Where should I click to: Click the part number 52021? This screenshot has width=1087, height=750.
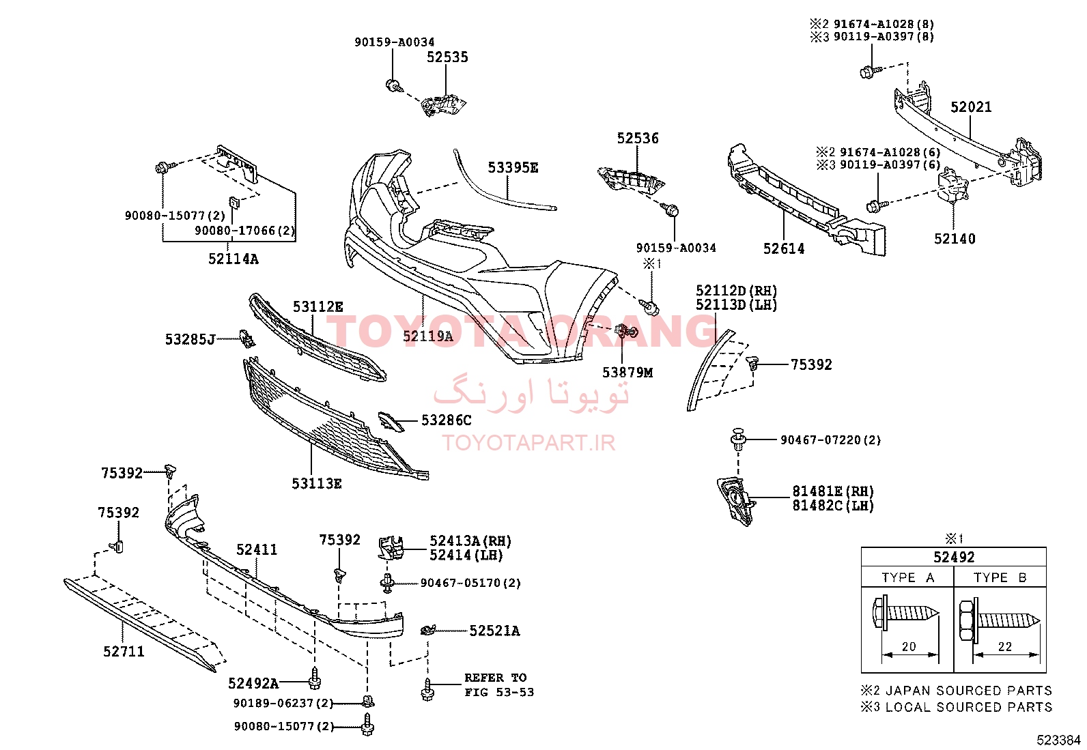[970, 106]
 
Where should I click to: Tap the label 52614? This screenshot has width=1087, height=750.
[784, 249]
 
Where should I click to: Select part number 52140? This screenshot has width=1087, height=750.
[955, 239]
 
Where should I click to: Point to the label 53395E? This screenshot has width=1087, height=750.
[513, 168]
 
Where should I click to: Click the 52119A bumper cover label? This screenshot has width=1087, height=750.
[427, 336]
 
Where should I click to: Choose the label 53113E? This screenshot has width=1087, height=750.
[316, 484]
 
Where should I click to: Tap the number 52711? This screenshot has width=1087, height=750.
[124, 652]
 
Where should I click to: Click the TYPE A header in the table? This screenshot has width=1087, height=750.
[907, 578]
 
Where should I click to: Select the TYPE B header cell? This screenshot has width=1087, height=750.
[1000, 578]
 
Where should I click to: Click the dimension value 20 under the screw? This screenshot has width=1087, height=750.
[909, 647]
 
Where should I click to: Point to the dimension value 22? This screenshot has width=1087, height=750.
[1005, 647]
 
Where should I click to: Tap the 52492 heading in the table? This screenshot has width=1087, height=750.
[954, 557]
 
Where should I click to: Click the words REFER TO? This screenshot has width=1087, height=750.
[496, 678]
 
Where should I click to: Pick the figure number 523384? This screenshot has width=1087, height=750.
[1058, 740]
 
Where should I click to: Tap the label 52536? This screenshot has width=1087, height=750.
[638, 139]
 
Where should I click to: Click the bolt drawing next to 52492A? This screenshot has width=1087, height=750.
[315, 679]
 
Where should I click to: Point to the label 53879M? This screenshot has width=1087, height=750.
[627, 373]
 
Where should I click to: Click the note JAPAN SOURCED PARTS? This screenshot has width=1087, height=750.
[969, 691]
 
